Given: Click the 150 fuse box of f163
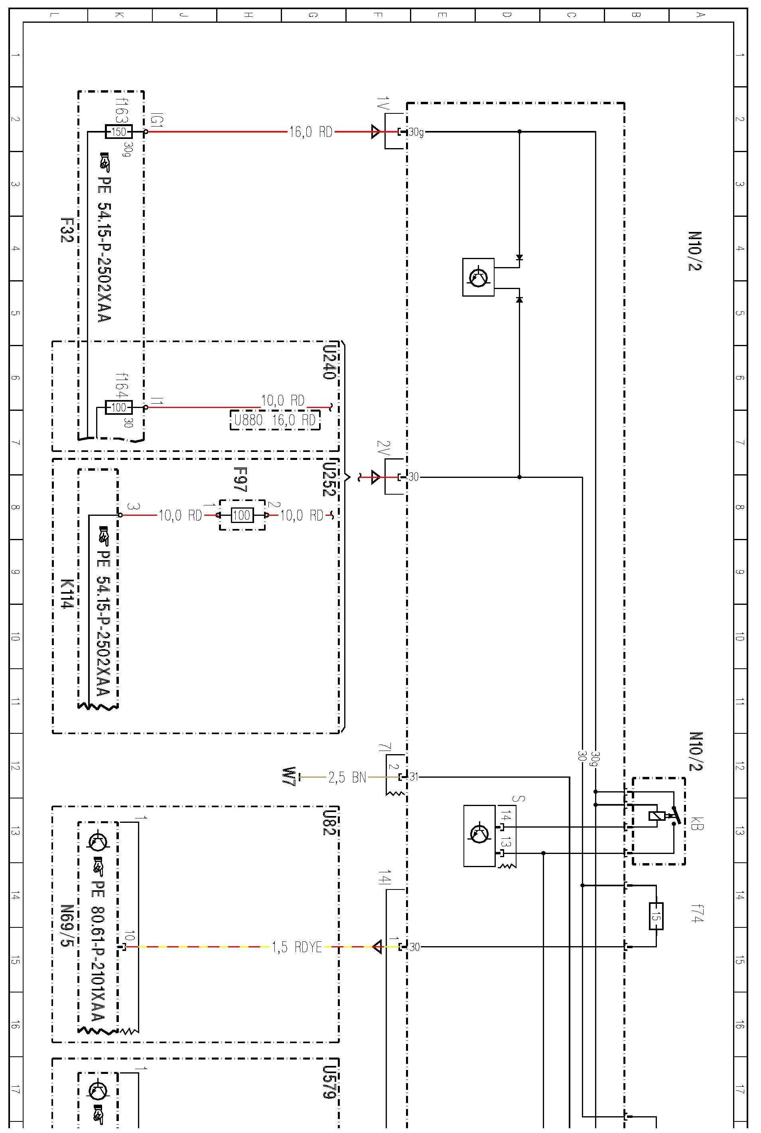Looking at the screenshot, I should pos(118,132).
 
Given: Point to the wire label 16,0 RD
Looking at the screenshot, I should pos(311,132).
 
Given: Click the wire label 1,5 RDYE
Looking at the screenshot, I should pos(296,947).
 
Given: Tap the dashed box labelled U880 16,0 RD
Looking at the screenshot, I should pos(275,420).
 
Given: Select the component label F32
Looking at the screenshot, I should pos(67,230).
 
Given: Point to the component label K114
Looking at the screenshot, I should pos(67,594).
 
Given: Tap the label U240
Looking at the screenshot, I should pos(329,362).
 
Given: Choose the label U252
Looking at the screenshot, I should pos(329,479).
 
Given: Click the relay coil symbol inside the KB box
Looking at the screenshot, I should pos(656,816).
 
